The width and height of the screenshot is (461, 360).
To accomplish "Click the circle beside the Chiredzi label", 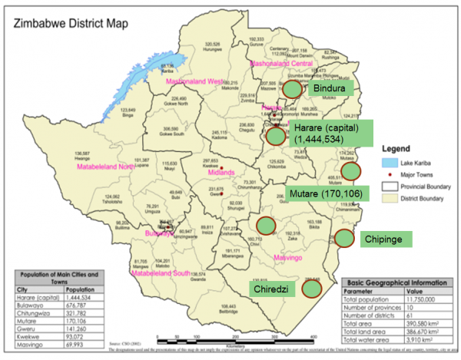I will [x=311, y=289].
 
